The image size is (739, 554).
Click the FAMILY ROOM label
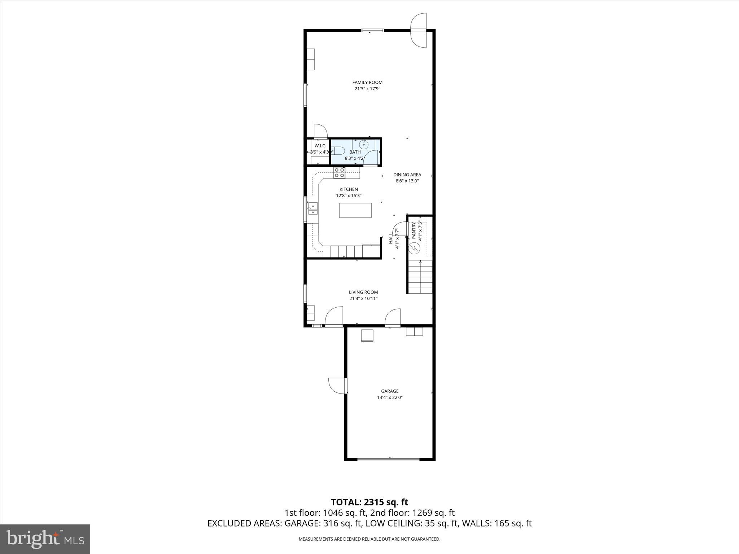point(367,82)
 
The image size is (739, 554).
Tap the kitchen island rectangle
point(355,210)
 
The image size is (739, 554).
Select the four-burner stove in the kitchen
point(339,173)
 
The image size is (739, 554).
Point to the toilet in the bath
point(337,151)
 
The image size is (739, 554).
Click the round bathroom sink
point(364,145)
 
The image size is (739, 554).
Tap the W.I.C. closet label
point(320,146)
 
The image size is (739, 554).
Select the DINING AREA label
point(407,175)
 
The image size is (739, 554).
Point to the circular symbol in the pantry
point(414,248)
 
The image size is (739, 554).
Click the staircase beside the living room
point(420,277)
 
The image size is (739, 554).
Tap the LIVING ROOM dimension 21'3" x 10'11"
point(363,298)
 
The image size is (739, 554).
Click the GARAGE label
point(390,391)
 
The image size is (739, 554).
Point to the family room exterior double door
point(419,30)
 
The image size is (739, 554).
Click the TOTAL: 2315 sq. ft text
point(369,502)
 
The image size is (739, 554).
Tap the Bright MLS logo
point(45,539)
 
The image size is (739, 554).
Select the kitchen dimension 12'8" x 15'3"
point(349,195)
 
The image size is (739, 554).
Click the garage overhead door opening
point(388,459)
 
